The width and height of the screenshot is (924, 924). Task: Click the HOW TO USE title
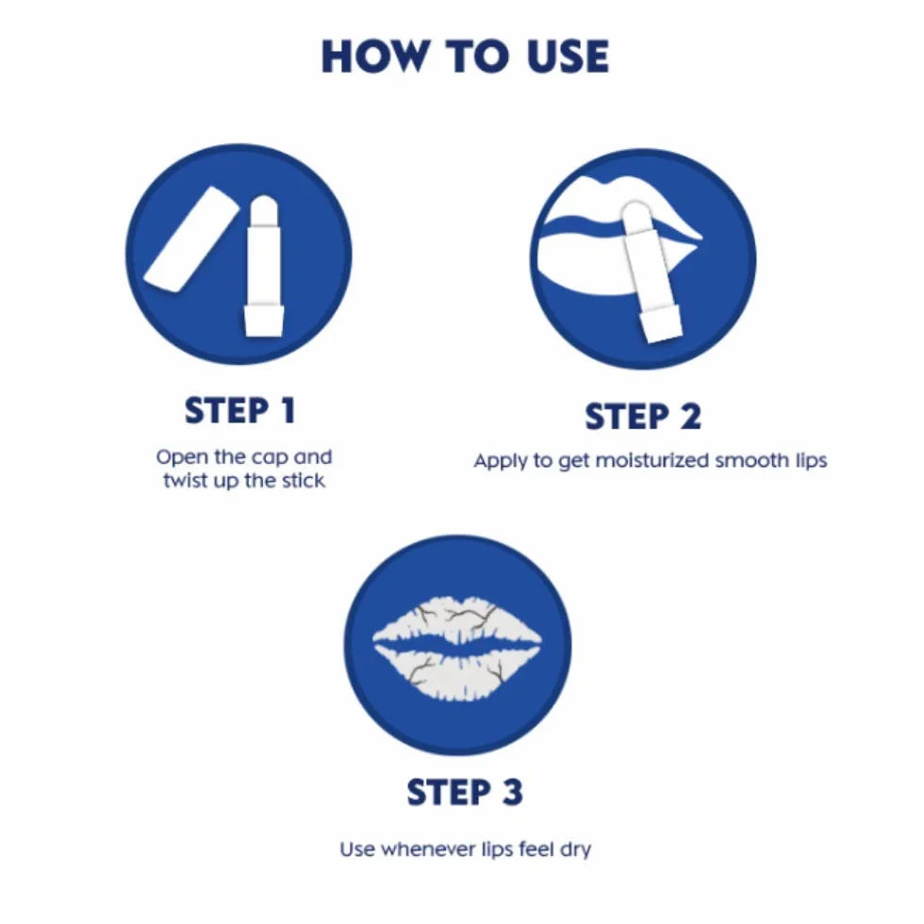click(x=465, y=57)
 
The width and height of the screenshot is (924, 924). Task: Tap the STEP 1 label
click(x=239, y=410)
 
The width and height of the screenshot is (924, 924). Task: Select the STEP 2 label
click(x=643, y=417)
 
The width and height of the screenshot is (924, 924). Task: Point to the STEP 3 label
click(x=464, y=791)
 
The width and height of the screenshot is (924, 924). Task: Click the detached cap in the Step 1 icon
click(x=190, y=239)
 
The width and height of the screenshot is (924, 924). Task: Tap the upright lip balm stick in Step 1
click(x=263, y=266)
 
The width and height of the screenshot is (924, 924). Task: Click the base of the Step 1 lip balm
click(x=263, y=320)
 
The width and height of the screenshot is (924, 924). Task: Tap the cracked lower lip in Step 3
click(x=457, y=673)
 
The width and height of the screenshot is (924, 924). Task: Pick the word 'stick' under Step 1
click(x=303, y=480)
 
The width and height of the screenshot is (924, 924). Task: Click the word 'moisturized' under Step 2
click(x=652, y=460)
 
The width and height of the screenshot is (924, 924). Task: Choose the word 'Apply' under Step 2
click(x=501, y=461)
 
